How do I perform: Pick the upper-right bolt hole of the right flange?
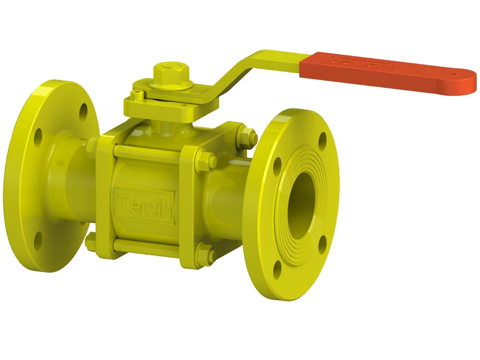[323, 140]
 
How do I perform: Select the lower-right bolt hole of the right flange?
[323, 247]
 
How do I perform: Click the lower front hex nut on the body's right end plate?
[205, 252]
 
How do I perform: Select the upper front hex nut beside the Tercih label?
[206, 159]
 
